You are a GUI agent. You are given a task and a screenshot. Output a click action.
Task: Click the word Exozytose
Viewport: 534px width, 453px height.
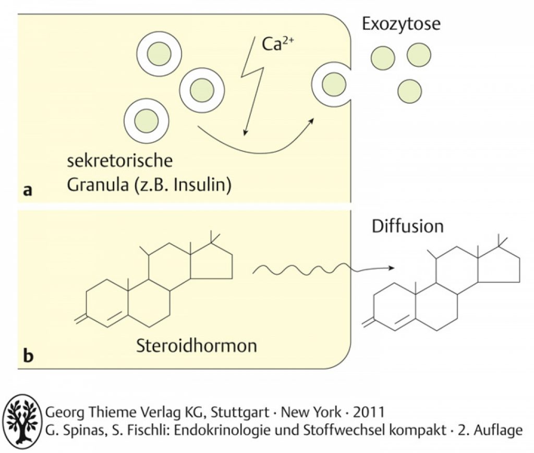click(x=401, y=24)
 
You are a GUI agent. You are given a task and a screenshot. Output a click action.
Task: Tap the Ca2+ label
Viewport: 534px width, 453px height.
click(x=277, y=44)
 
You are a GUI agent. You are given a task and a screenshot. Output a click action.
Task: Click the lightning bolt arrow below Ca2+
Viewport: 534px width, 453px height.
click(x=252, y=85)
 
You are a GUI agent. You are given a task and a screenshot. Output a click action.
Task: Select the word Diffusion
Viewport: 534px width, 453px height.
click(x=408, y=226)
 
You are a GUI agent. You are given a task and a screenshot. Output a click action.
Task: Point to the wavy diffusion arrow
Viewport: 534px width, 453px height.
click(x=323, y=269)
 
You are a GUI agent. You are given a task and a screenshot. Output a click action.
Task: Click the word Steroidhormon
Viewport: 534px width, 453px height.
click(x=197, y=346)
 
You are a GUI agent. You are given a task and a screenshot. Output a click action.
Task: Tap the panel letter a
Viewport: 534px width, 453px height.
click(x=28, y=190)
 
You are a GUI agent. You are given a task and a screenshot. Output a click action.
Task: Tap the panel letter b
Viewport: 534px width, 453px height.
click(x=28, y=356)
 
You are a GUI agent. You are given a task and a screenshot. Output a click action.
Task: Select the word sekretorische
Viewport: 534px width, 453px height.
click(x=119, y=161)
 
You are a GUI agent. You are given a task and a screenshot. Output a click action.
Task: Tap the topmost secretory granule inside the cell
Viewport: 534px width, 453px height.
click(x=159, y=54)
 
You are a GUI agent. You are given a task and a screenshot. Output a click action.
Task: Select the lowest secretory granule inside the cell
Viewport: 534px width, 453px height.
click(x=147, y=121)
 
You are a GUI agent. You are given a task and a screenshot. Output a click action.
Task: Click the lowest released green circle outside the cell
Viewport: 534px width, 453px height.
click(x=409, y=91)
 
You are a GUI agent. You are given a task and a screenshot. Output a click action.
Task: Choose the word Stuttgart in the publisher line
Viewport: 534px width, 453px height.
click(x=240, y=412)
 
